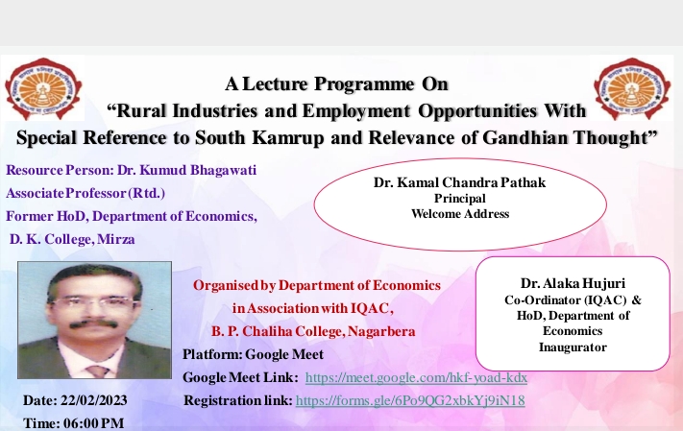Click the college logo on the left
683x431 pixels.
(x=43, y=89)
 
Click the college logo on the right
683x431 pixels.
(x=632, y=89)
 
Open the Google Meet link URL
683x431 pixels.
(x=416, y=377)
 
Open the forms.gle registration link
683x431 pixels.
(x=410, y=400)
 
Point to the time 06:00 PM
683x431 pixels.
(x=93, y=423)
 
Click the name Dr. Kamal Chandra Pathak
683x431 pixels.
(x=459, y=182)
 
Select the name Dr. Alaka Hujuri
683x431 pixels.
(x=573, y=283)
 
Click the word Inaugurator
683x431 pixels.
(x=573, y=347)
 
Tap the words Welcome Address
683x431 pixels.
(x=460, y=214)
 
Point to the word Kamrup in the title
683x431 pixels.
(x=288, y=137)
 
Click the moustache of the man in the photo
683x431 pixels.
(x=93, y=323)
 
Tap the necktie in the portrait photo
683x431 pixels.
(x=98, y=371)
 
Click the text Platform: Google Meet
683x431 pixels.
(x=253, y=354)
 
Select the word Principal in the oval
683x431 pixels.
(x=459, y=199)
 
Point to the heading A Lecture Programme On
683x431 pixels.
(x=336, y=84)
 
